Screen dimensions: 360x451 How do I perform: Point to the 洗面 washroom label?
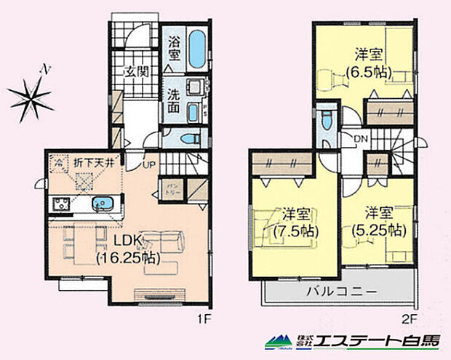[175, 100]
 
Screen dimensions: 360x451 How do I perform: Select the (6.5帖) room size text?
[369, 72]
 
